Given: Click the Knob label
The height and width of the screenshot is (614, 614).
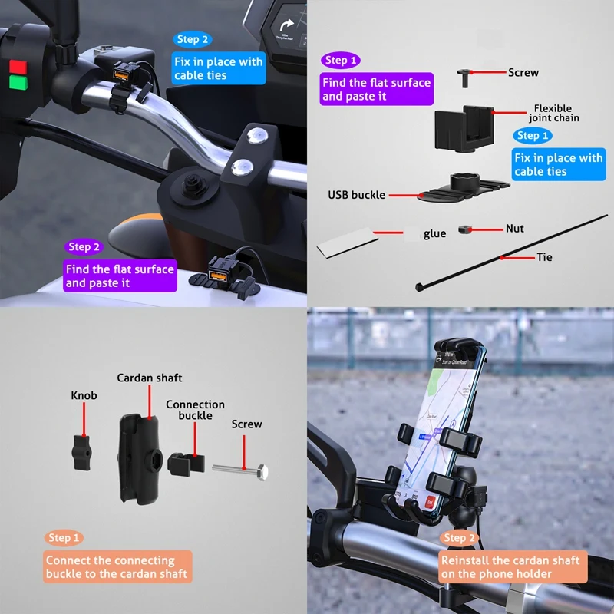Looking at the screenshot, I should [x=84, y=395].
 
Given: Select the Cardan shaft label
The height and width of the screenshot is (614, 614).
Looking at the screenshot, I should [x=150, y=378].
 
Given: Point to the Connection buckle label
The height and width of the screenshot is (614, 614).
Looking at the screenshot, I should [x=195, y=410].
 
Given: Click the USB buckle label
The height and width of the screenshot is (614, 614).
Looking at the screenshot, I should [x=357, y=195].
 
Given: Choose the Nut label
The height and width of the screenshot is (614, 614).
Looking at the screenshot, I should [x=515, y=229].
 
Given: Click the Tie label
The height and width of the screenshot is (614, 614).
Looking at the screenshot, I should [x=544, y=257].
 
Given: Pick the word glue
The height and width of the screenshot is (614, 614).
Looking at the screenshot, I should [x=434, y=233].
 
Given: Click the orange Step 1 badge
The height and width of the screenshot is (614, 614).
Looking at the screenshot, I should [x=64, y=538].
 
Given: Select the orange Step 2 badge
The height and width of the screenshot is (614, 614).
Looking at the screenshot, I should [x=459, y=538].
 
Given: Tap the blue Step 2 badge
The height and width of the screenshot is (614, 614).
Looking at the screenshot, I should [x=193, y=39].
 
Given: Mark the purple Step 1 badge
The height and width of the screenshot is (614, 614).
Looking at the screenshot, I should [x=342, y=60].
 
